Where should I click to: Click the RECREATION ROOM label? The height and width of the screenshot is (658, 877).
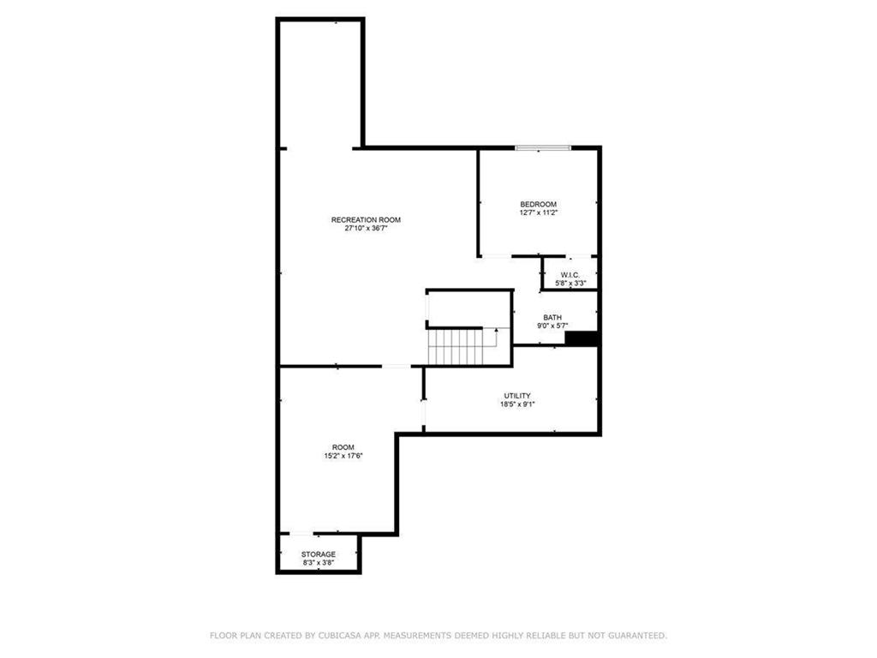pyautogui.click(x=366, y=220)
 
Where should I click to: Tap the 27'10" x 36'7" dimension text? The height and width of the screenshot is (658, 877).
pyautogui.click(x=366, y=229)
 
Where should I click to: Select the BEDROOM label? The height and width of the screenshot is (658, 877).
pyautogui.click(x=538, y=204)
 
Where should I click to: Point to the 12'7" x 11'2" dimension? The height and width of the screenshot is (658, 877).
pyautogui.click(x=538, y=212)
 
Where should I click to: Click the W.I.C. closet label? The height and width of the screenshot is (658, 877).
pyautogui.click(x=570, y=275)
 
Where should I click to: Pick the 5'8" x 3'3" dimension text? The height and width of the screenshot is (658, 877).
pyautogui.click(x=570, y=284)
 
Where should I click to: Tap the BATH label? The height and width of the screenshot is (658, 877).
pyautogui.click(x=552, y=317)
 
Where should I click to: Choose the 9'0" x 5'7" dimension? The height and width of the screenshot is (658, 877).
pyautogui.click(x=552, y=326)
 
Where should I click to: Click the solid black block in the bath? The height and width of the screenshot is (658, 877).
pyautogui.click(x=581, y=339)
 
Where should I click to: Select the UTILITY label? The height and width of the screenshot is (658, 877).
pyautogui.click(x=518, y=396)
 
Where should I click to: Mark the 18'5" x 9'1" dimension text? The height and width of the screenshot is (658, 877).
pyautogui.click(x=518, y=404)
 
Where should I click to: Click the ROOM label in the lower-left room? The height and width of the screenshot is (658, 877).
pyautogui.click(x=343, y=447)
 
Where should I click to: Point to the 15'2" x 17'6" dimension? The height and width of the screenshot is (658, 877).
pyautogui.click(x=343, y=456)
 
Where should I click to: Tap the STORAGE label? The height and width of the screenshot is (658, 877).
pyautogui.click(x=318, y=554)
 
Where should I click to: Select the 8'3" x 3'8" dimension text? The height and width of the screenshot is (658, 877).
pyautogui.click(x=318, y=563)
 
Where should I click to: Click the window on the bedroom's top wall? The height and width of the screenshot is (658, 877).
pyautogui.click(x=542, y=148)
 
